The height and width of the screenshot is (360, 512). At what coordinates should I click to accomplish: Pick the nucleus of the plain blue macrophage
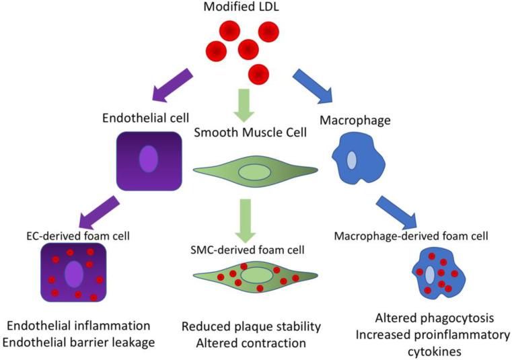click(352, 161)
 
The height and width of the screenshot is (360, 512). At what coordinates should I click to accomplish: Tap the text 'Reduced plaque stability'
click(251, 327)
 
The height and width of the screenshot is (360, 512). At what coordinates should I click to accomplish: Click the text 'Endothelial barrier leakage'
click(79, 342)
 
